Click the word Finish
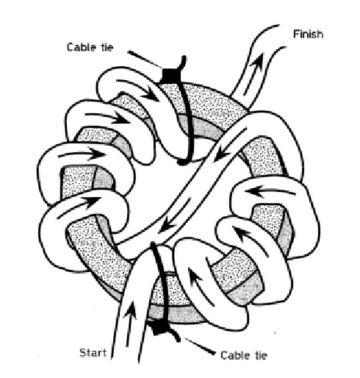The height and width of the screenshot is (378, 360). coord(308,34)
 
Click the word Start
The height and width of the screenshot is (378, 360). coord(93,353)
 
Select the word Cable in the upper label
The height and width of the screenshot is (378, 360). coord(81,47)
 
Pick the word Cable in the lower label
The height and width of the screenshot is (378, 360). coord(235,355)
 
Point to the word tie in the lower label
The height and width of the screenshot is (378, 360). coord(261,355)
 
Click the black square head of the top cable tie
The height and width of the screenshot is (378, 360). coord(170,76)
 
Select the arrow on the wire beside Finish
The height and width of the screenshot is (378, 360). coord(253,73)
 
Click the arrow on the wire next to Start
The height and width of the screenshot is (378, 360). coord(130,324)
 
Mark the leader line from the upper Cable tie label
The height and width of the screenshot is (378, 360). coord(145,60)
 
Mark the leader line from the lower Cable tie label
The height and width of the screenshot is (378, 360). coord(200,346)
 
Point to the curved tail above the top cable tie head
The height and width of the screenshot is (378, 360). coord(182,63)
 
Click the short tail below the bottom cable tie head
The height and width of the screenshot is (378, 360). coord(173,335)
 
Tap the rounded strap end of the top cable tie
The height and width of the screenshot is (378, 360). coord(182,162)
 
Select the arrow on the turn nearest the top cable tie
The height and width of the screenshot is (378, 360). coord(137,89)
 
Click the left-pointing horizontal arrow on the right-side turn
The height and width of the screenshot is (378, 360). coord(270,192)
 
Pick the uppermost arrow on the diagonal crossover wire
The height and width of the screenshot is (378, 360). coord(230,145)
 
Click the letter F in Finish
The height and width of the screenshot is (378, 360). coord(296,34)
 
